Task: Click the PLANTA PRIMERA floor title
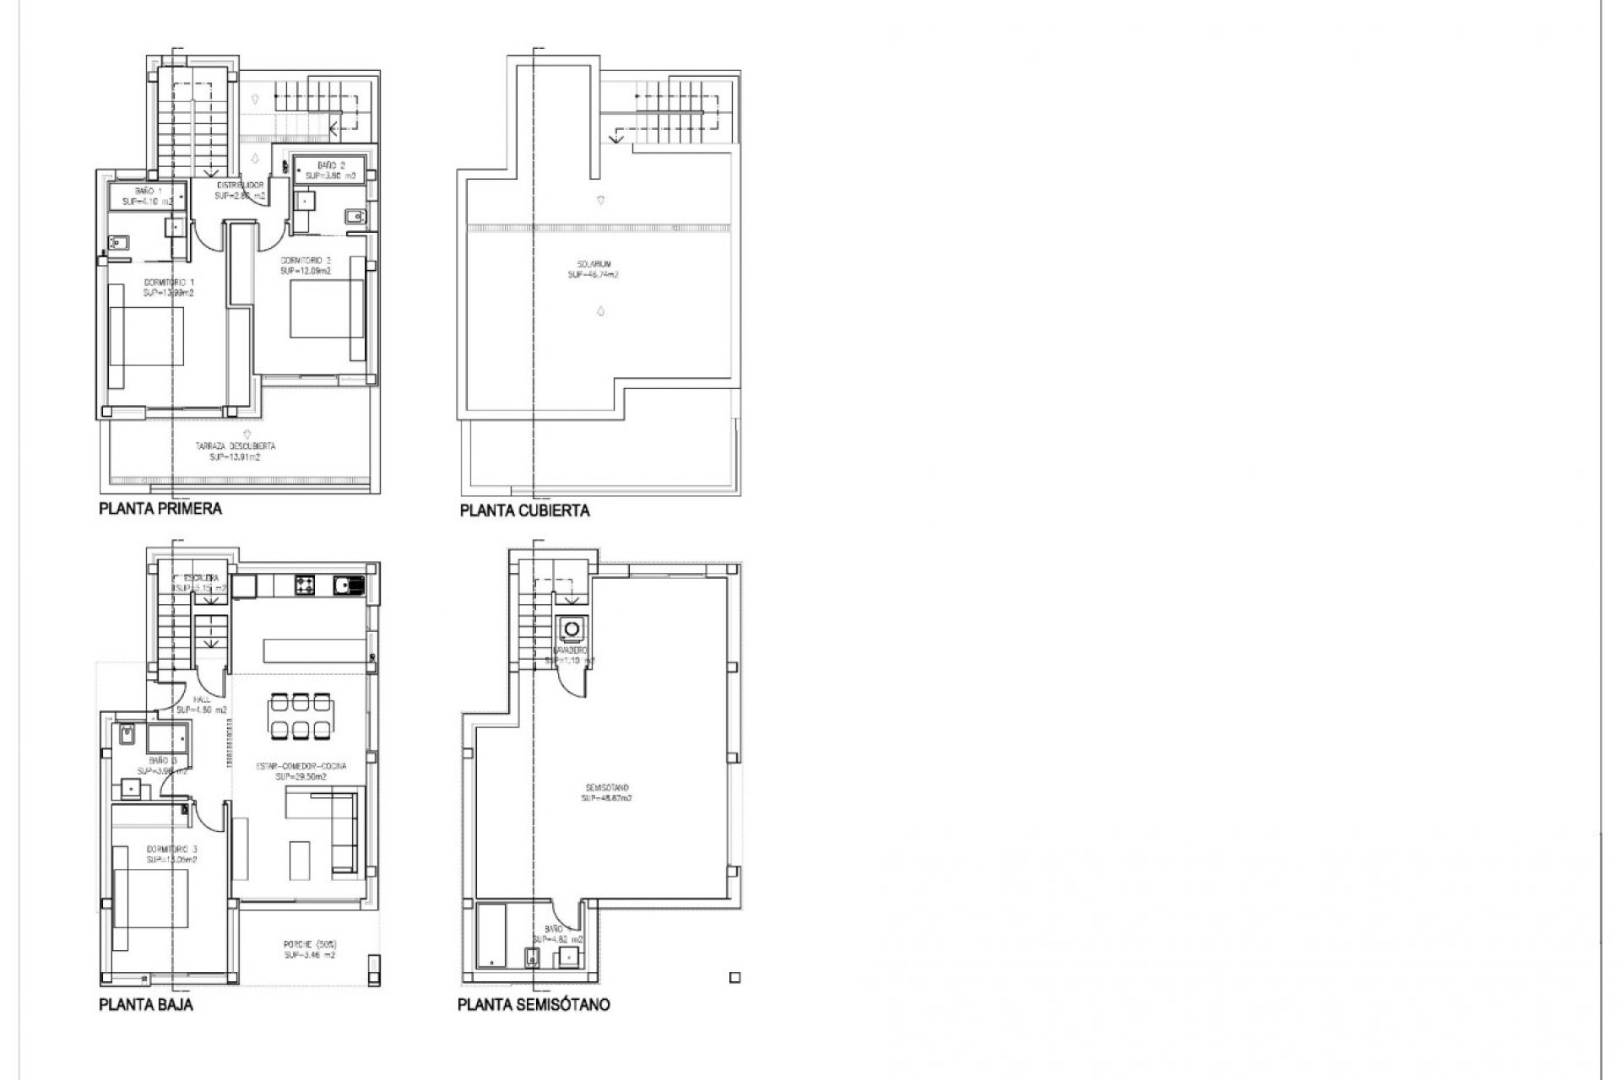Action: pyautogui.click(x=160, y=509)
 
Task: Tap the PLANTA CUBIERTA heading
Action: pyautogui.click(x=524, y=510)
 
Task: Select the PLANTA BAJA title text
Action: pyautogui.click(x=146, y=1005)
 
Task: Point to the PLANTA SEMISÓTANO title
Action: pyautogui.click(x=534, y=1005)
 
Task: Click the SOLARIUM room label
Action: pyautogui.click(x=594, y=269)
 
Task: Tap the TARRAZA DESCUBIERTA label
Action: pyautogui.click(x=236, y=451)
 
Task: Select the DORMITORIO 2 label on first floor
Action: pyautogui.click(x=306, y=266)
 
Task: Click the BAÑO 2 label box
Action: pyautogui.click(x=330, y=170)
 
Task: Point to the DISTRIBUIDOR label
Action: pyautogui.click(x=241, y=190)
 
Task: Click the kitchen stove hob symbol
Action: pyautogui.click(x=304, y=584)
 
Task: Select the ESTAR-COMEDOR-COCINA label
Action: pyautogui.click(x=301, y=771)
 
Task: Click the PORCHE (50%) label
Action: pyautogui.click(x=310, y=950)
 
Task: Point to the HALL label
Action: pyautogui.click(x=201, y=705)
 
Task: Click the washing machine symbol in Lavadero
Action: pyautogui.click(x=572, y=629)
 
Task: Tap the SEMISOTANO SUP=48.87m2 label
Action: pyautogui.click(x=606, y=792)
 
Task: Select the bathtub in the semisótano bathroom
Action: pyautogui.click(x=491, y=935)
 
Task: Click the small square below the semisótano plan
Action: pyautogui.click(x=735, y=978)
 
